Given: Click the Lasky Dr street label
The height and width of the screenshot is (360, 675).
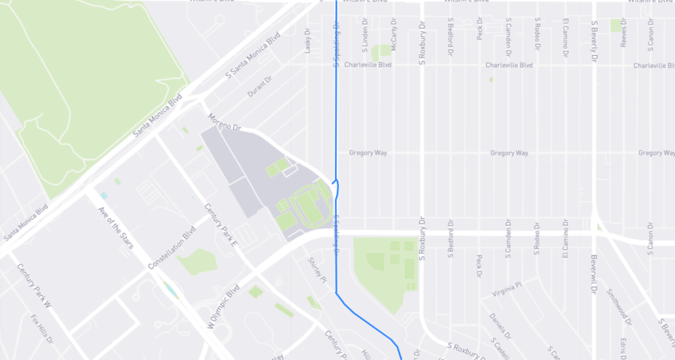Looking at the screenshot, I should pyautogui.click(x=307, y=40).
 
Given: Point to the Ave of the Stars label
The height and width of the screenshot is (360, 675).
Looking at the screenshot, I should pyautogui.click(x=115, y=227).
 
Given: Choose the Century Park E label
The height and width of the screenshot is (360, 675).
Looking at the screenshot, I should pyautogui.click(x=221, y=225).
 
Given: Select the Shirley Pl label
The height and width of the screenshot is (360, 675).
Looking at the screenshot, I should pyautogui.click(x=318, y=270).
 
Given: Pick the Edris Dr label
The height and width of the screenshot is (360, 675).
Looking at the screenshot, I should pyautogui.click(x=623, y=347).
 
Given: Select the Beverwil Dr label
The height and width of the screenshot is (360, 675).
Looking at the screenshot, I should pyautogui.click(x=594, y=274).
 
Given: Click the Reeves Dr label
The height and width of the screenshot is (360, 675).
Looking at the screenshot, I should pyautogui.click(x=623, y=40).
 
